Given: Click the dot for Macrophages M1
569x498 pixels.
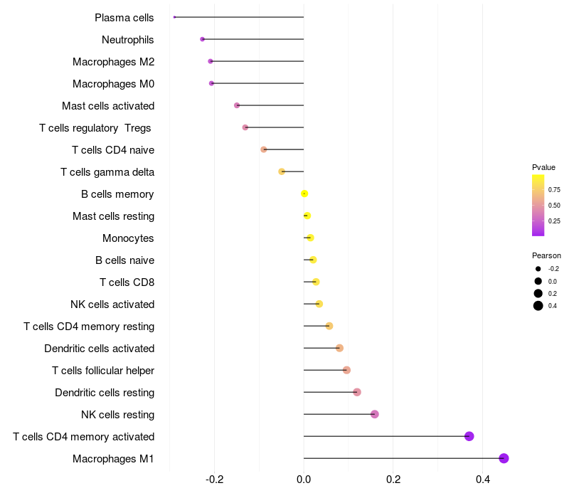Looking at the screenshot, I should point(504,458).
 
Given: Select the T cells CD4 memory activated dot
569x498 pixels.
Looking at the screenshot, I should point(469,436).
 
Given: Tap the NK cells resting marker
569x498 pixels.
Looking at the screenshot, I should point(375,414).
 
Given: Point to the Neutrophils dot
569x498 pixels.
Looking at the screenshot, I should point(203,39).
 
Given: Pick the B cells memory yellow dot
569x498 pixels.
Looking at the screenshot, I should point(304,194).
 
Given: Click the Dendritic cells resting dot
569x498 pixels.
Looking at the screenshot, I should point(357,392).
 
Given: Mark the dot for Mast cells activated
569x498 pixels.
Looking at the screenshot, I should point(237,105).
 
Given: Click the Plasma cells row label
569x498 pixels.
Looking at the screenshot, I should point(124,17).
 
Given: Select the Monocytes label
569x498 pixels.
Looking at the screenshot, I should point(128,238).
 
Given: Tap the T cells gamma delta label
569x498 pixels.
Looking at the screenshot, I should point(107,171).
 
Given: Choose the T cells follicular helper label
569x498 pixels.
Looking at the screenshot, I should point(103,370).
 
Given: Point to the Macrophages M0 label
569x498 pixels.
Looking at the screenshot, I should point(113,83).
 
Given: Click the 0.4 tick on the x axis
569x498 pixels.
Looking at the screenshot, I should point(482,480).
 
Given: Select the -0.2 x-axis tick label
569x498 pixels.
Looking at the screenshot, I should point(214,480).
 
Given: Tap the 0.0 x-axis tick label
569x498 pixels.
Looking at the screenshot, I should point(304,480).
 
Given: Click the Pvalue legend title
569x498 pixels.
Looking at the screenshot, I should point(543,167).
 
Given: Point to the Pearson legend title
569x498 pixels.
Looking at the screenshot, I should point(546,255).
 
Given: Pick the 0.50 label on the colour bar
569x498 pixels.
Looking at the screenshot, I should point(553,206).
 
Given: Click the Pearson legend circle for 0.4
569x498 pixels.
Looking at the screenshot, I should point(538,306).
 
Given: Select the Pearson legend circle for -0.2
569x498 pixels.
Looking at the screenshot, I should point(538,269).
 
